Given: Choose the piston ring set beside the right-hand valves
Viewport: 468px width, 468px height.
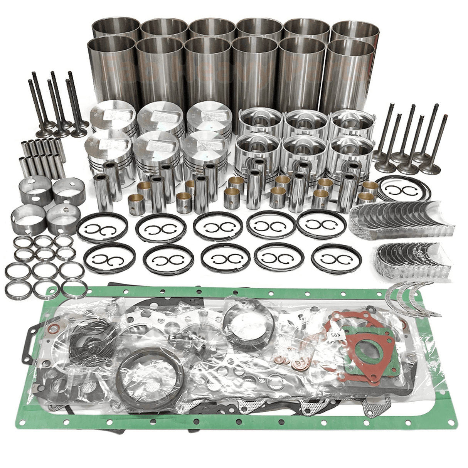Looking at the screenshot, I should pos(403,189).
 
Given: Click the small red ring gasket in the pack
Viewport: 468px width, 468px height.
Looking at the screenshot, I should pos(54,330).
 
